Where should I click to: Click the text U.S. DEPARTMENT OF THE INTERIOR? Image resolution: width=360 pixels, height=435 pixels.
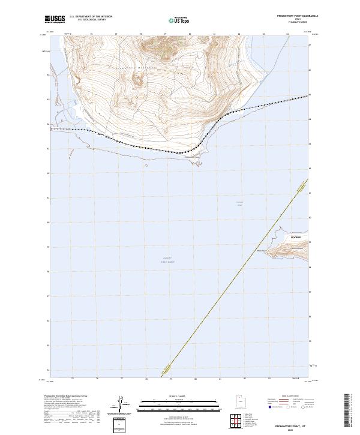coord(91,16)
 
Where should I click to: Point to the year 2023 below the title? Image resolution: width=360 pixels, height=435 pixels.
coord(286,429)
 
